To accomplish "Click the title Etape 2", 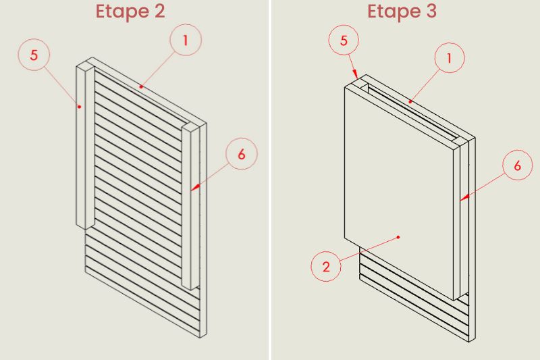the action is click(x=130, y=11).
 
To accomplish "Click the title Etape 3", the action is click(x=402, y=11).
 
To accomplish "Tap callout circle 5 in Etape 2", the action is click(x=34, y=55).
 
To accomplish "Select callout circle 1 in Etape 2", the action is click(x=186, y=40).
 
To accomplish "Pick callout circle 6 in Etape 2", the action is click(x=242, y=153).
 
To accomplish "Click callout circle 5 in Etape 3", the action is click(x=344, y=40).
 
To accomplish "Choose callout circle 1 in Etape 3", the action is click(x=450, y=57).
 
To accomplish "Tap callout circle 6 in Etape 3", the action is click(x=518, y=165).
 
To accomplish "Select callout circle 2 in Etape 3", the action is click(x=326, y=266).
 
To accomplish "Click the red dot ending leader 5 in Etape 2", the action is click(x=79, y=107).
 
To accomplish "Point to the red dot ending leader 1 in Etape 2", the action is click(x=141, y=86).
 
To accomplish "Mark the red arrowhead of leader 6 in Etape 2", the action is click(x=195, y=187).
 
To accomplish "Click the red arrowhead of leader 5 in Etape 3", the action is click(x=356, y=74).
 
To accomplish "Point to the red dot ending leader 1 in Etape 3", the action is click(x=410, y=101).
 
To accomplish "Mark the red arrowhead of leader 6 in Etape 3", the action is click(x=464, y=197).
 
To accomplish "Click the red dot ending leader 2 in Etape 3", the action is click(x=398, y=237).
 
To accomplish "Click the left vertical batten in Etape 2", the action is click(x=85, y=146).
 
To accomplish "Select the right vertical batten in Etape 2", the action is click(x=190, y=207).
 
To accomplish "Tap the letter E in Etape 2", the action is click(x=101, y=11).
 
